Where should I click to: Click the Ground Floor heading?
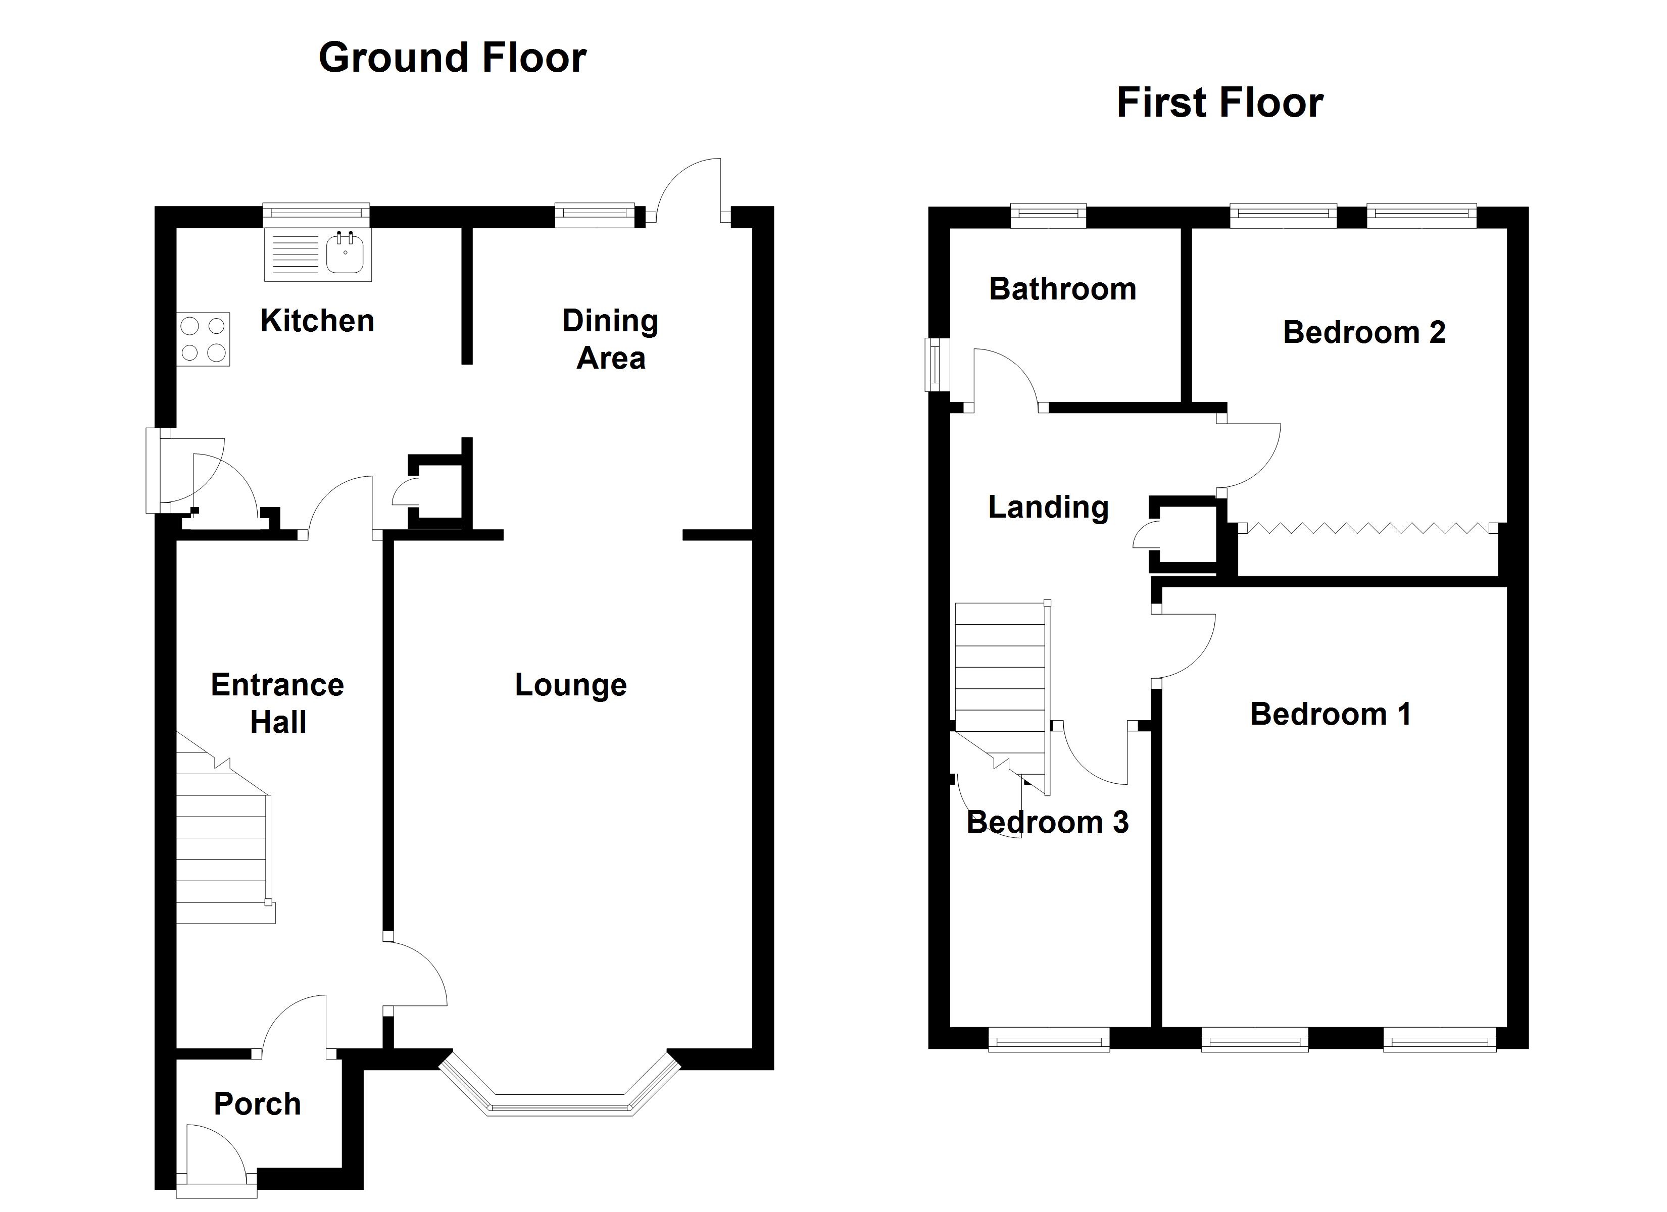(452, 58)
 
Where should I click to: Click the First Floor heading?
(1219, 102)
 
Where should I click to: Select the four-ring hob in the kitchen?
(203, 339)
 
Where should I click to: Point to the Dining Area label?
(610, 339)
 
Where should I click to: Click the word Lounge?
(570, 685)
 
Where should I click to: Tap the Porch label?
(257, 1104)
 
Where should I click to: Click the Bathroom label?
(1062, 289)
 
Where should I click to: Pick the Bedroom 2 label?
(1364, 332)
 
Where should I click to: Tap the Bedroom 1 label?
(1331, 715)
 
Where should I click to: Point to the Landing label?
(1048, 507)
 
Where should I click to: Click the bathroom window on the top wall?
(1048, 215)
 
